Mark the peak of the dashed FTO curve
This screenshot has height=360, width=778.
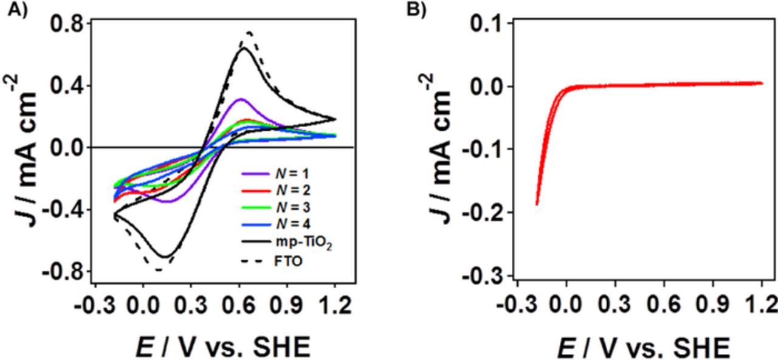coord(249,32)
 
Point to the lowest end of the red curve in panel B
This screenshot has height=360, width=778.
coord(537,204)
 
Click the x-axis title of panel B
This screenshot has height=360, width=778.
coord(643,348)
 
